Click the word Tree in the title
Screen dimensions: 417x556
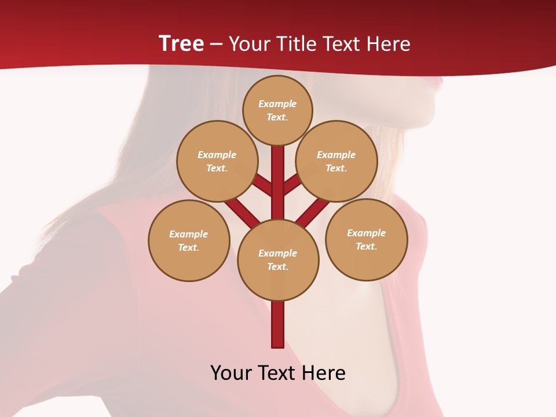181,43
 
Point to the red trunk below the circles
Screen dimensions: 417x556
278,324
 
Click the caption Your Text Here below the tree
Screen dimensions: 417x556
278,373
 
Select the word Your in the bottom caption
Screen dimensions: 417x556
232,373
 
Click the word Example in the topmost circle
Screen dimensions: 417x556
277,104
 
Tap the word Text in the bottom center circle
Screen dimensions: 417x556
277,267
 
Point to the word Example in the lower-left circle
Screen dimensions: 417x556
188,235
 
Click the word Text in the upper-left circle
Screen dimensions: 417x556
217,169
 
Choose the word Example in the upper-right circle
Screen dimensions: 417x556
336,155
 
